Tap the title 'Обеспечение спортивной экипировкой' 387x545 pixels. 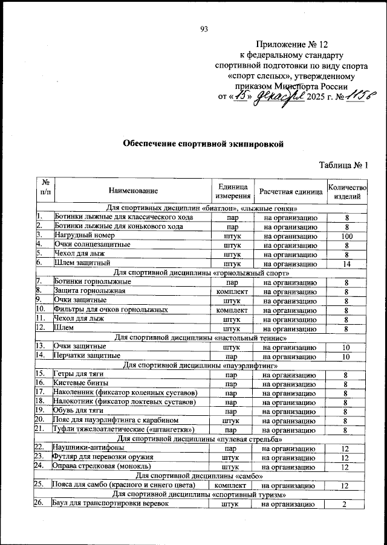(203, 144)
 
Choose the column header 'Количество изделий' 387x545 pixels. (346, 191)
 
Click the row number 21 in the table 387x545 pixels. (41, 429)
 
